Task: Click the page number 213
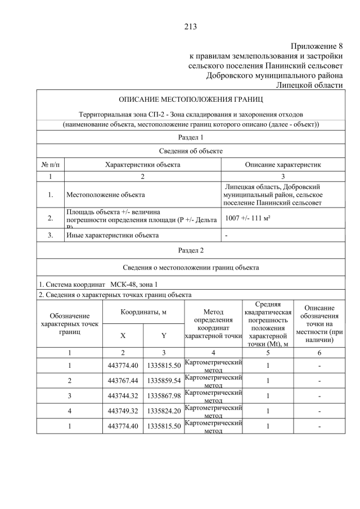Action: coord(190,26)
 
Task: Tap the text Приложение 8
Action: coord(317,46)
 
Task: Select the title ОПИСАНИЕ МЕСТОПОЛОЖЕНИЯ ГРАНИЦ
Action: coord(190,100)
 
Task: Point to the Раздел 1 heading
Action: coord(190,137)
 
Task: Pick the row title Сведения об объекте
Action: coord(190,151)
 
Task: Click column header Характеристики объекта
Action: coord(143,164)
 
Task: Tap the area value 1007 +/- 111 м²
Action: coord(247,218)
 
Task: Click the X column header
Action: coord(123,335)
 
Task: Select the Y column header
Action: coord(164,335)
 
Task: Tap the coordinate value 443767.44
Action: coord(123,381)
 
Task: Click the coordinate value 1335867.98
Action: coord(164,396)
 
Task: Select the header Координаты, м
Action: coord(143,312)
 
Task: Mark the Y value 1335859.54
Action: coord(164,381)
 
